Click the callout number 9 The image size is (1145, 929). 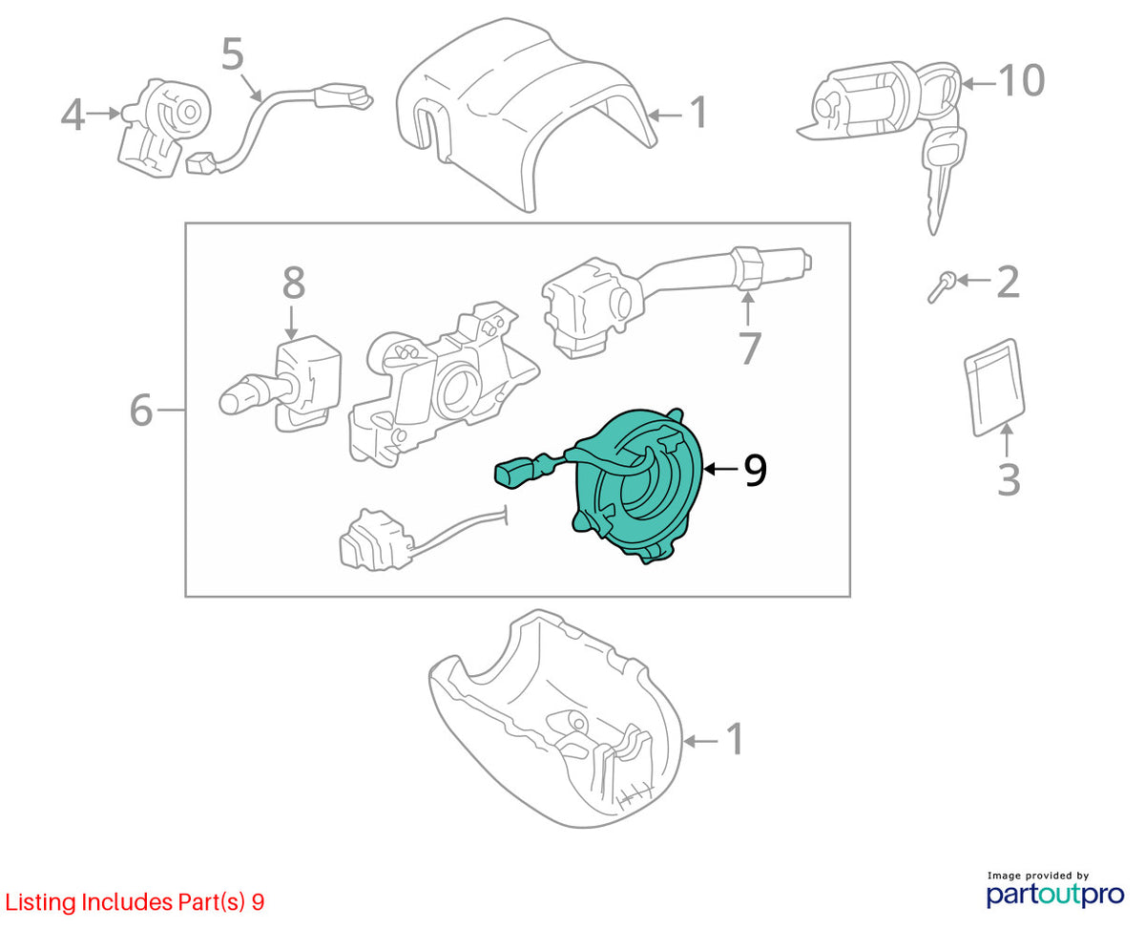click(x=755, y=470)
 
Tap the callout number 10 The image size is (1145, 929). click(x=1021, y=81)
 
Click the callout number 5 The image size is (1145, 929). click(x=232, y=53)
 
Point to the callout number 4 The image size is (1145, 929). click(x=73, y=115)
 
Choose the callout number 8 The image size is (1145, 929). click(x=294, y=283)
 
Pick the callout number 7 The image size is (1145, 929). click(x=750, y=348)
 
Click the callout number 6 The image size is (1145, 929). click(x=141, y=410)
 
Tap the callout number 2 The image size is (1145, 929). click(x=1008, y=282)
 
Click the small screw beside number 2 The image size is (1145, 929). click(x=941, y=286)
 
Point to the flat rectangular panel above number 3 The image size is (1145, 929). click(x=994, y=387)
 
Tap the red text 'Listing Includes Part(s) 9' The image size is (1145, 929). click(x=135, y=902)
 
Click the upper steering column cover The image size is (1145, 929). click(x=526, y=114)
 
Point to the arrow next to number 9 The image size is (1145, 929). click(x=720, y=469)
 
